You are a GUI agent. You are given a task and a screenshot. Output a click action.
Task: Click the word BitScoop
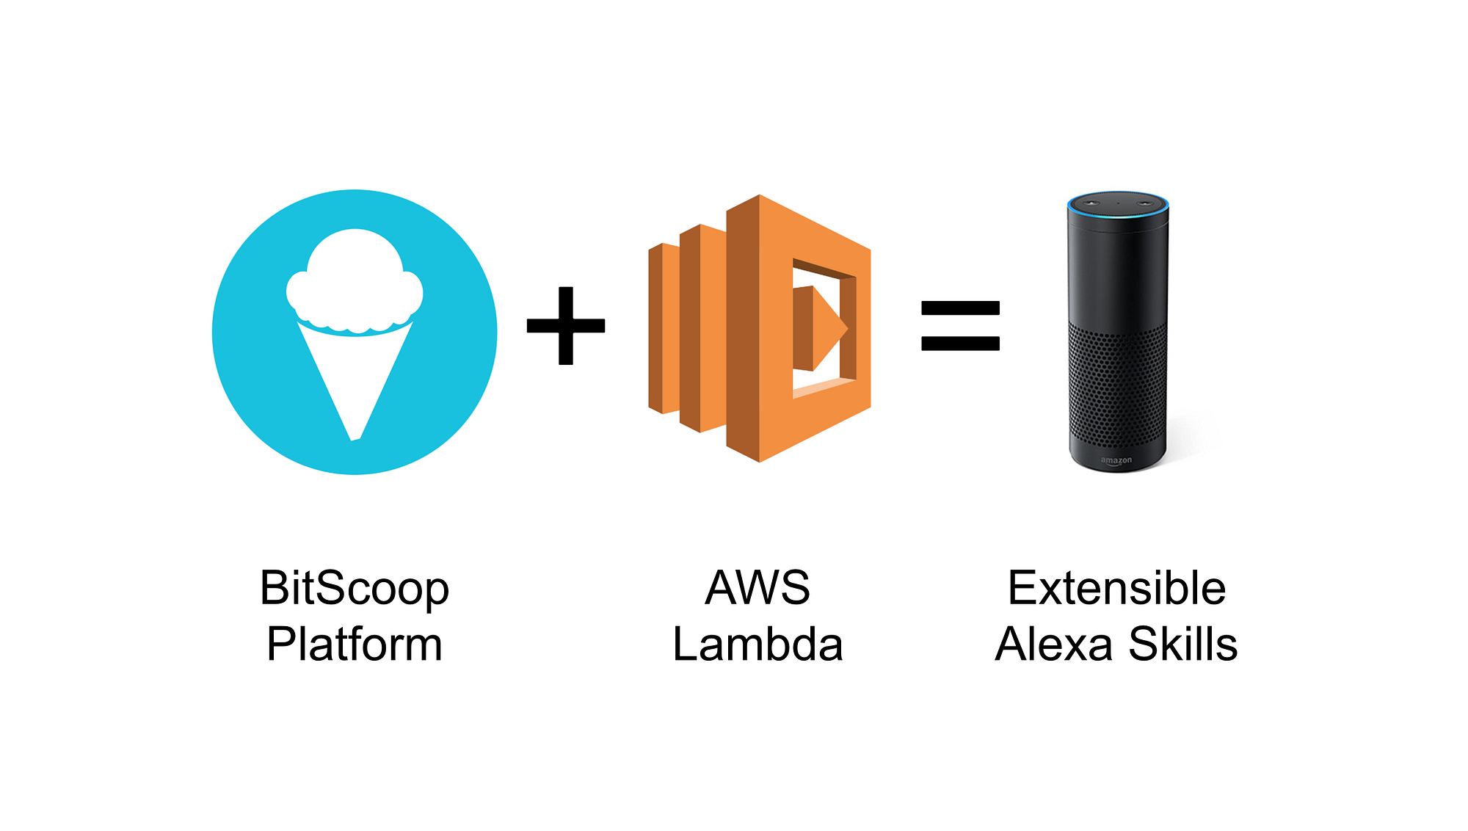[x=354, y=589]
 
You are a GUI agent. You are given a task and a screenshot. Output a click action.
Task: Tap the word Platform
[x=354, y=645]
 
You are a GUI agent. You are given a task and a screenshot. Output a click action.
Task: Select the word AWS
[x=757, y=588]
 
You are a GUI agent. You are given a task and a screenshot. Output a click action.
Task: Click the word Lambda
[x=757, y=645]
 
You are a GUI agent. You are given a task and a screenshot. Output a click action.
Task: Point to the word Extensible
[x=1116, y=588]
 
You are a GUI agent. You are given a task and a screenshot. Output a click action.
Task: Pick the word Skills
[x=1182, y=645]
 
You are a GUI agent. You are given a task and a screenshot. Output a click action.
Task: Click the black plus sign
[x=566, y=325]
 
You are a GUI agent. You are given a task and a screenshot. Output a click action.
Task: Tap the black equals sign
[x=960, y=325]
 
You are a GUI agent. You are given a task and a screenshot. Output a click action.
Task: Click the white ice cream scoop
[x=355, y=283]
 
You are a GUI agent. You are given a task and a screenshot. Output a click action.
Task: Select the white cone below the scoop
[x=355, y=374]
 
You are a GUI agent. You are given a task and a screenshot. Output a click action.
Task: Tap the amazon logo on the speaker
[x=1116, y=460]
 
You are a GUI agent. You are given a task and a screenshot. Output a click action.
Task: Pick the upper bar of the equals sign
[x=960, y=308]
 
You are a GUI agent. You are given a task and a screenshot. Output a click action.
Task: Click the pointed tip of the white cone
[x=355, y=436]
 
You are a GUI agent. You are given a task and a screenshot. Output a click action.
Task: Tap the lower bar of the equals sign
[x=960, y=343]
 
